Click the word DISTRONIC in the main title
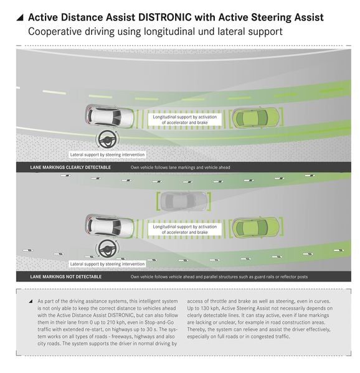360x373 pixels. [164, 17]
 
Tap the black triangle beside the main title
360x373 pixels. [20, 17]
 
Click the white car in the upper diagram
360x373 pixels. [110, 116]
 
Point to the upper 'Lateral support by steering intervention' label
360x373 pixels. [107, 154]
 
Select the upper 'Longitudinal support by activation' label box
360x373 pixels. [184, 120]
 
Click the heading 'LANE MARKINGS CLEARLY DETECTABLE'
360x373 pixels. [70, 168]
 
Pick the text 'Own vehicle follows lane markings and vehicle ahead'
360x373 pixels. [181, 168]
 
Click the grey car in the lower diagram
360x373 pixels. [184, 201]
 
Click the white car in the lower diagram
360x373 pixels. [110, 226]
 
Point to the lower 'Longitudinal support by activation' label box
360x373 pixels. [184, 229]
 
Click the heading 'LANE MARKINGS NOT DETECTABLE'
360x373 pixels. [65, 276]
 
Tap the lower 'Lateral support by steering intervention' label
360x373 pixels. [107, 264]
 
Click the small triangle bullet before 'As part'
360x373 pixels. [31, 301]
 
